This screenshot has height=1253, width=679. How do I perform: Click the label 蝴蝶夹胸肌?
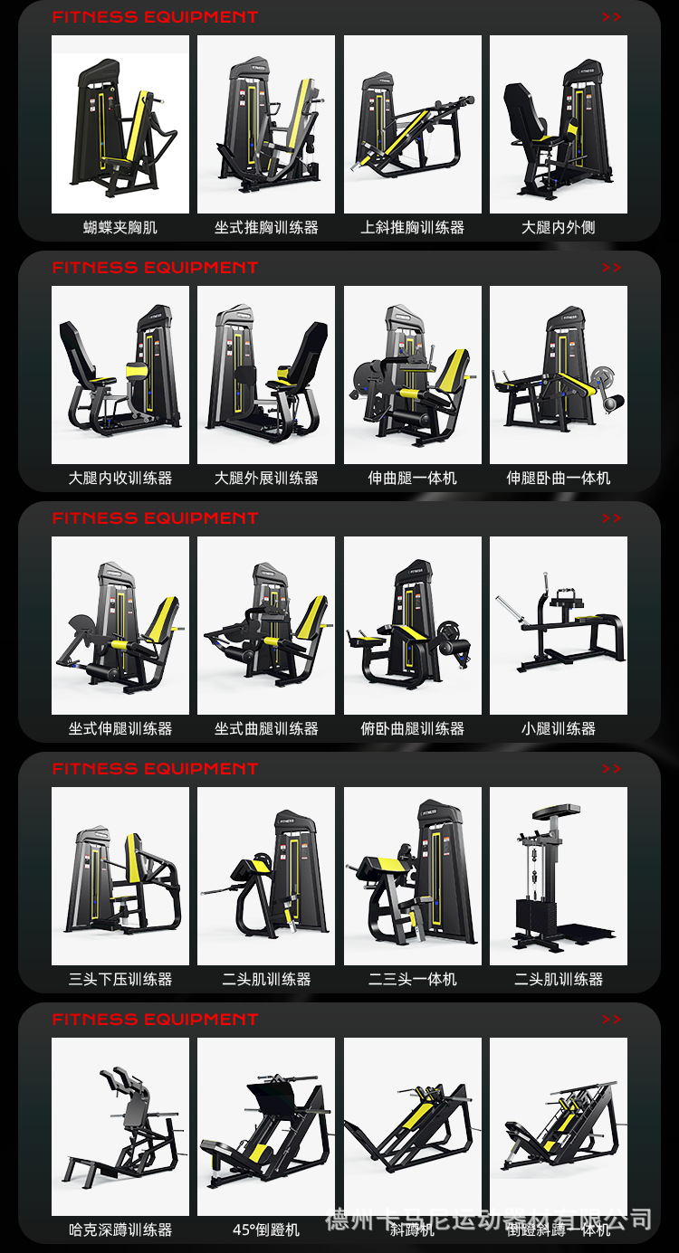(x=120, y=228)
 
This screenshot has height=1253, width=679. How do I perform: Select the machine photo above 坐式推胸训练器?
(x=266, y=124)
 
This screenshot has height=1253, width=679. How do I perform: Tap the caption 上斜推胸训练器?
(x=413, y=228)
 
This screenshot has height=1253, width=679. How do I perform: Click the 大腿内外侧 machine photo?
(x=559, y=124)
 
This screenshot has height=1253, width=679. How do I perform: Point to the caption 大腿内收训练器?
(x=120, y=478)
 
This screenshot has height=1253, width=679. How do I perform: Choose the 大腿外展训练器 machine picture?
(x=266, y=375)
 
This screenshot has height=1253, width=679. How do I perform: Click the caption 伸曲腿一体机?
(x=413, y=478)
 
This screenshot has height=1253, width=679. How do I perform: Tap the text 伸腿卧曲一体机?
(x=559, y=478)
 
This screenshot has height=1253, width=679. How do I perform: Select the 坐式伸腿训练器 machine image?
(x=120, y=625)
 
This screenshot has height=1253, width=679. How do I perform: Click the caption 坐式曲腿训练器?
(x=266, y=728)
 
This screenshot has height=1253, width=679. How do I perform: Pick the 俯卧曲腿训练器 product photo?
(x=413, y=625)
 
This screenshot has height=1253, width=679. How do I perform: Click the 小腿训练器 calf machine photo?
(x=559, y=625)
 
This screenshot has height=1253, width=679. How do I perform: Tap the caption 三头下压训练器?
(x=120, y=979)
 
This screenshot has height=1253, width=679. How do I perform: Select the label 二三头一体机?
(x=413, y=979)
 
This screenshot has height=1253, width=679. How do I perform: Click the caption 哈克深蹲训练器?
(x=120, y=1229)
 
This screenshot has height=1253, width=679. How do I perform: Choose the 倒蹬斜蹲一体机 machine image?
(x=559, y=1126)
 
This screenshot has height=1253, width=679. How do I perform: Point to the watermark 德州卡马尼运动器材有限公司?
(x=489, y=1219)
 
